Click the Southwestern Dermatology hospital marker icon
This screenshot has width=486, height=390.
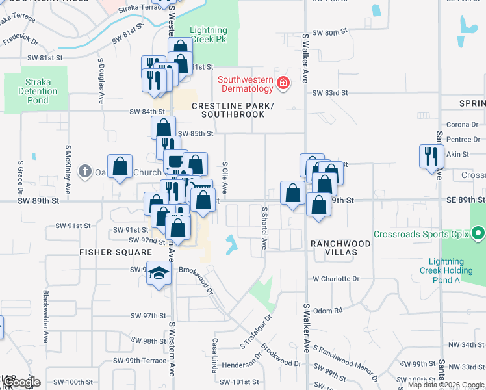click(283, 83)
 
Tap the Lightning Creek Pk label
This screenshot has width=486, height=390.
click(209, 35)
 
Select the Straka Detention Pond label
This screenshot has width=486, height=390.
click(38, 92)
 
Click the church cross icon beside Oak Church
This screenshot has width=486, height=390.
click(84, 172)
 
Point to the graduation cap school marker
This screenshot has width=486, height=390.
click(158, 274)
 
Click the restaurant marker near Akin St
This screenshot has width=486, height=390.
click(431, 157)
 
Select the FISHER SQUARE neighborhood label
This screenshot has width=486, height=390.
click(107, 252)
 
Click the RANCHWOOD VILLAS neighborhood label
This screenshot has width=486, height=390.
click(340, 244)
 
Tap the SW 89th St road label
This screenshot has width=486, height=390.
click(38, 201)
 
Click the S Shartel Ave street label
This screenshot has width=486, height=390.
click(264, 228)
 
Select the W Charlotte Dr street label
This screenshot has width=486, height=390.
click(336, 279)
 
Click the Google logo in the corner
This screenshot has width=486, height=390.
click(21, 383)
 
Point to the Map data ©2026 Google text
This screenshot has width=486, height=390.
click(446, 385)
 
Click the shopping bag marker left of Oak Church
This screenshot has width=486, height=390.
click(120, 167)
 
